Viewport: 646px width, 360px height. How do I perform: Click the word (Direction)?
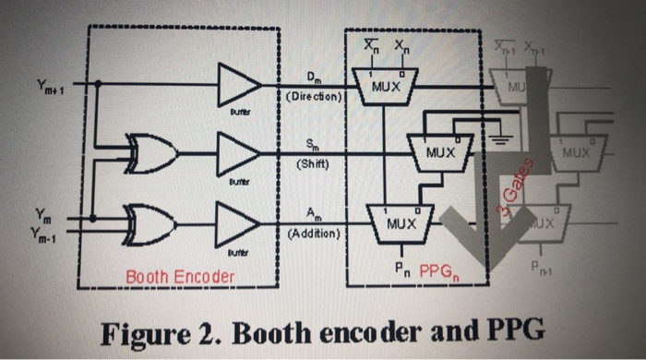pyautogui.click(x=314, y=95)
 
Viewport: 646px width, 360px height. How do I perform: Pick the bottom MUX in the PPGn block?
pyautogui.click(x=399, y=222)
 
